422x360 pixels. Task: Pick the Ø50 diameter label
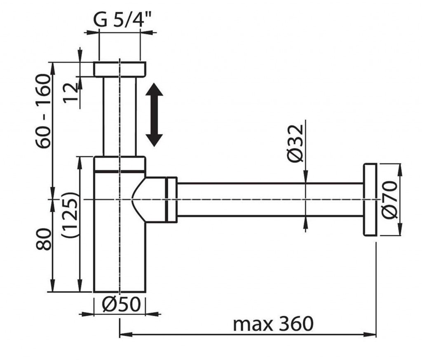(122, 304)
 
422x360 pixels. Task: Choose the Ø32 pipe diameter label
(295, 144)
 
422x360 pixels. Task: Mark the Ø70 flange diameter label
(390, 200)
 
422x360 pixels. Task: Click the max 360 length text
(273, 324)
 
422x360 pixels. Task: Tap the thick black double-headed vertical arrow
(154, 115)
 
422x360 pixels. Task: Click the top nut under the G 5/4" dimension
(120, 69)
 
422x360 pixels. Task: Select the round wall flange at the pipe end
(370, 200)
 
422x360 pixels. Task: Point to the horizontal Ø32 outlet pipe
(270, 199)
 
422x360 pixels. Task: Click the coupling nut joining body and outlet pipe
(171, 200)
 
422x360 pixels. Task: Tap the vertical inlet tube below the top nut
(120, 116)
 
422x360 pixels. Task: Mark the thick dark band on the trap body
(120, 171)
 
